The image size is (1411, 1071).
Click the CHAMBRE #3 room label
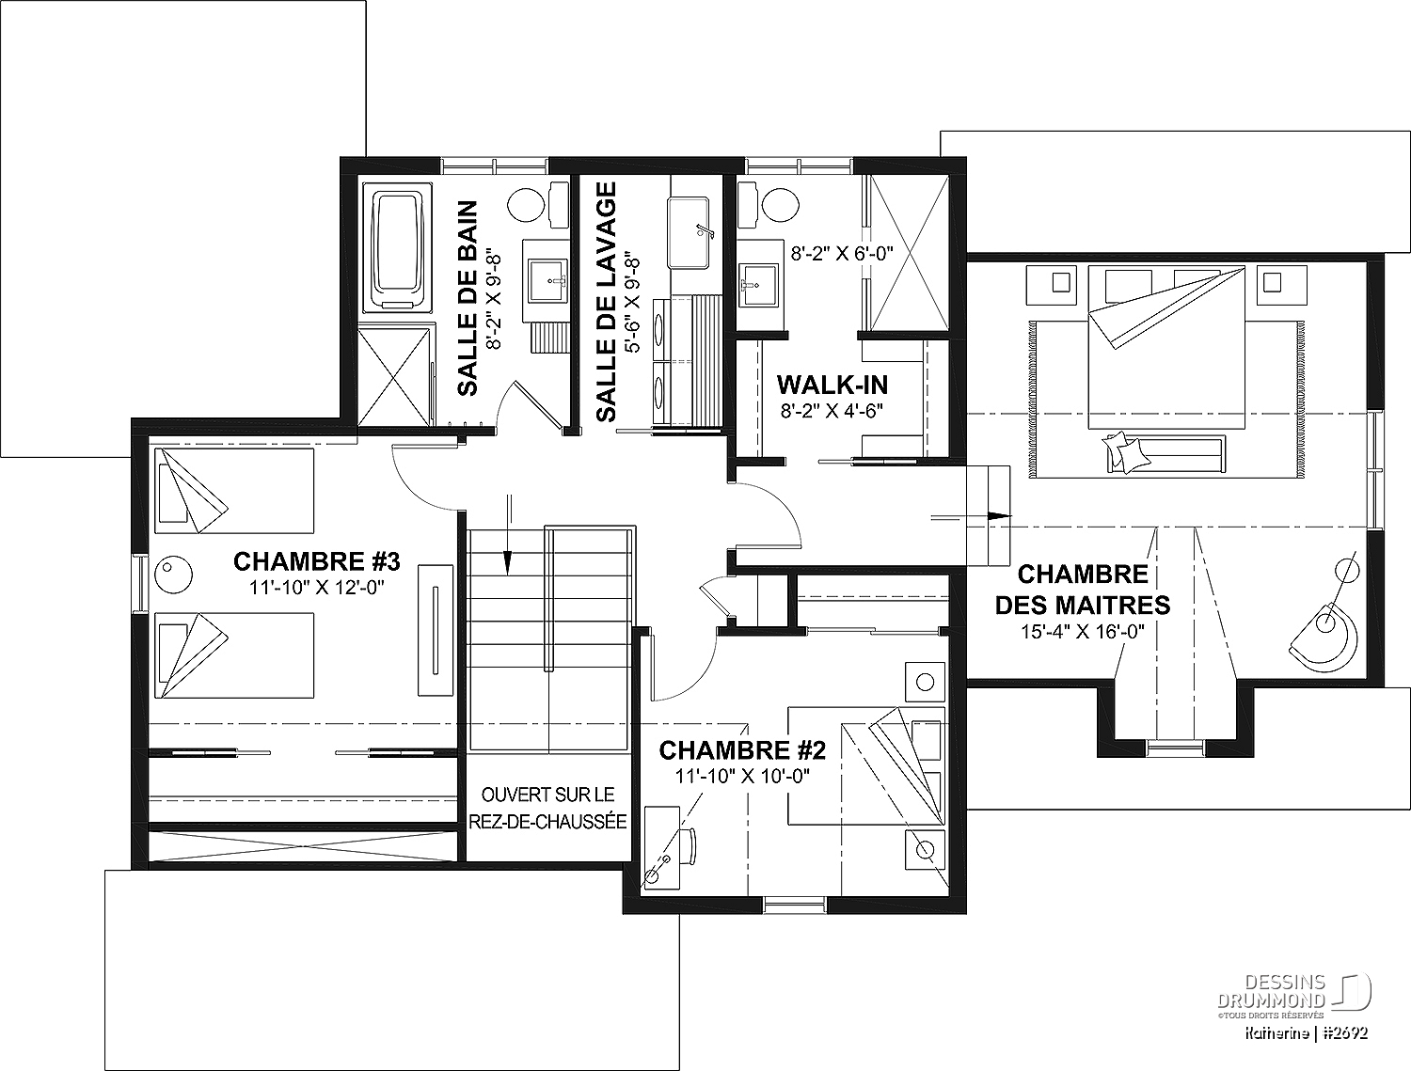click(x=316, y=561)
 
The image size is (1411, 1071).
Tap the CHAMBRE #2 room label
click(x=742, y=749)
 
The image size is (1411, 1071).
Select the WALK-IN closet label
click(x=832, y=385)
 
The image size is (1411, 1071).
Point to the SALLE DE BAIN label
click(x=468, y=298)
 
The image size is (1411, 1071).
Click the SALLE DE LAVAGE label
click(x=606, y=302)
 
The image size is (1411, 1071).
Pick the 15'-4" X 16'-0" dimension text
click(x=1083, y=632)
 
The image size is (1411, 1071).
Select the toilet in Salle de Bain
click(x=539, y=204)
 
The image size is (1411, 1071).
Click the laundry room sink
click(x=689, y=233)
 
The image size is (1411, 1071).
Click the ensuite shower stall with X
click(x=909, y=253)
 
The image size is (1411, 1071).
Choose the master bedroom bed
click(x=1166, y=348)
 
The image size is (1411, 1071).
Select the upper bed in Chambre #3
click(x=234, y=491)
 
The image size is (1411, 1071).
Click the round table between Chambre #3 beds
click(x=174, y=574)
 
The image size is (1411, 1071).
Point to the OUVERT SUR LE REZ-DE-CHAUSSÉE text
click(x=547, y=809)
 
